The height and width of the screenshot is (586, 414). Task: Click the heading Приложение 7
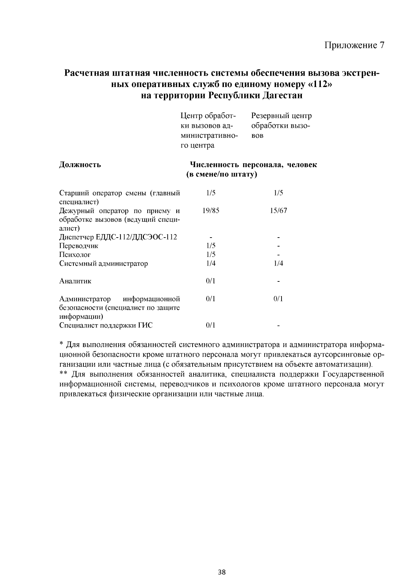(354, 45)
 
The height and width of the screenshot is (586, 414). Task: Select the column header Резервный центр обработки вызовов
(281, 125)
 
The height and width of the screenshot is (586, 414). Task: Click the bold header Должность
(80, 164)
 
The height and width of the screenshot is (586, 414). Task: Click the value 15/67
(278, 210)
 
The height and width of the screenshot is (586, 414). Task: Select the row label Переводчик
(79, 246)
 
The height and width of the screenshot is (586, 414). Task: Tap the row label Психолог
(75, 255)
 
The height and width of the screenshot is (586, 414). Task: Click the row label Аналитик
(75, 281)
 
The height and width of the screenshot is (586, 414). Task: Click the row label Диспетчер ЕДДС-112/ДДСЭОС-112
(118, 237)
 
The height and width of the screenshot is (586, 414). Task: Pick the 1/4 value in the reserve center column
(278, 263)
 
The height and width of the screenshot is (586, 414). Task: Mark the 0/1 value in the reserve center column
(278, 299)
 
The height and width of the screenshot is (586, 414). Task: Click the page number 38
(222, 573)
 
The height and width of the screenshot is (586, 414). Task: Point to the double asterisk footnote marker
(63, 374)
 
